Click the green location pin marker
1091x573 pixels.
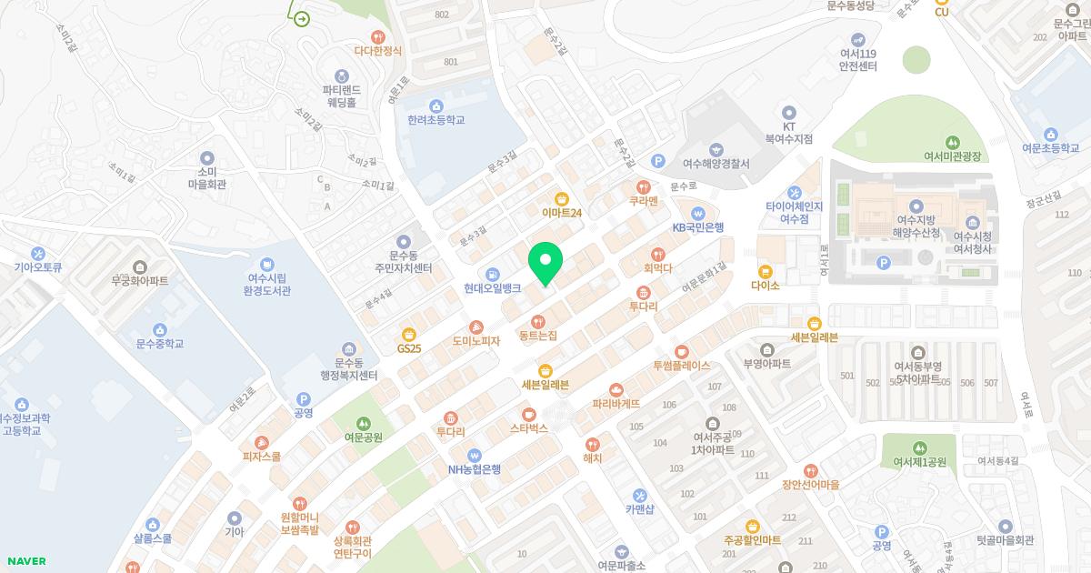click(x=545, y=263)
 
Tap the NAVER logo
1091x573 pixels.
click(x=25, y=561)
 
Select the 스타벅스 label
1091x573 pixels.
click(x=528, y=427)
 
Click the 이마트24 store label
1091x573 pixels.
click(x=562, y=213)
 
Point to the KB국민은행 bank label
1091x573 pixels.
click(x=698, y=227)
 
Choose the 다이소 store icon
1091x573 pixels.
click(x=766, y=270)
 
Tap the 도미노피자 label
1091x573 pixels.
click(x=476, y=341)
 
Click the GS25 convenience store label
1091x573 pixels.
click(x=409, y=348)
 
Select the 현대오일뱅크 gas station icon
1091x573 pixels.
click(x=492, y=273)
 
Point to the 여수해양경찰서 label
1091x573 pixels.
click(x=716, y=164)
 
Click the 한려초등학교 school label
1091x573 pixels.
click(x=436, y=120)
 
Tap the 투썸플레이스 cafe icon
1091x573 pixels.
click(x=681, y=351)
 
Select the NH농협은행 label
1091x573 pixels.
click(x=474, y=469)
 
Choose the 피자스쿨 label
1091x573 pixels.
click(x=262, y=457)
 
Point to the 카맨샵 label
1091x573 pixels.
click(x=640, y=509)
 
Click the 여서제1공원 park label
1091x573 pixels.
click(x=919, y=462)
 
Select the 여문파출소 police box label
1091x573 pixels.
click(x=621, y=566)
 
